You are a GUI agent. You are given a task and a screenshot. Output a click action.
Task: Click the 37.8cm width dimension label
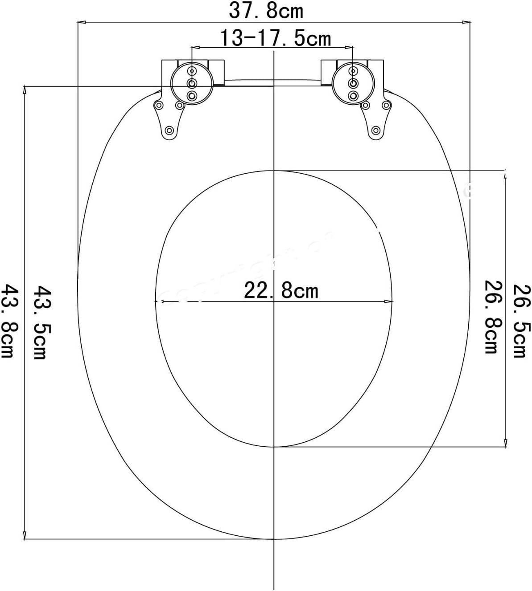[266, 11]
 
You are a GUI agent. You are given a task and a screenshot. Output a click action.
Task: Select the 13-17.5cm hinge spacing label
[275, 39]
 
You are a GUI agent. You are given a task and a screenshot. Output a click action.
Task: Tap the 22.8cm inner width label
[281, 291]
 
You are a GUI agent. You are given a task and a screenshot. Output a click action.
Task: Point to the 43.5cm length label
[41, 323]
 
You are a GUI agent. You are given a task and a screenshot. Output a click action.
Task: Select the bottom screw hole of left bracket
[169, 130]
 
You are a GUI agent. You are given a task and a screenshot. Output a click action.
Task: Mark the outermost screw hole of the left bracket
[158, 106]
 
